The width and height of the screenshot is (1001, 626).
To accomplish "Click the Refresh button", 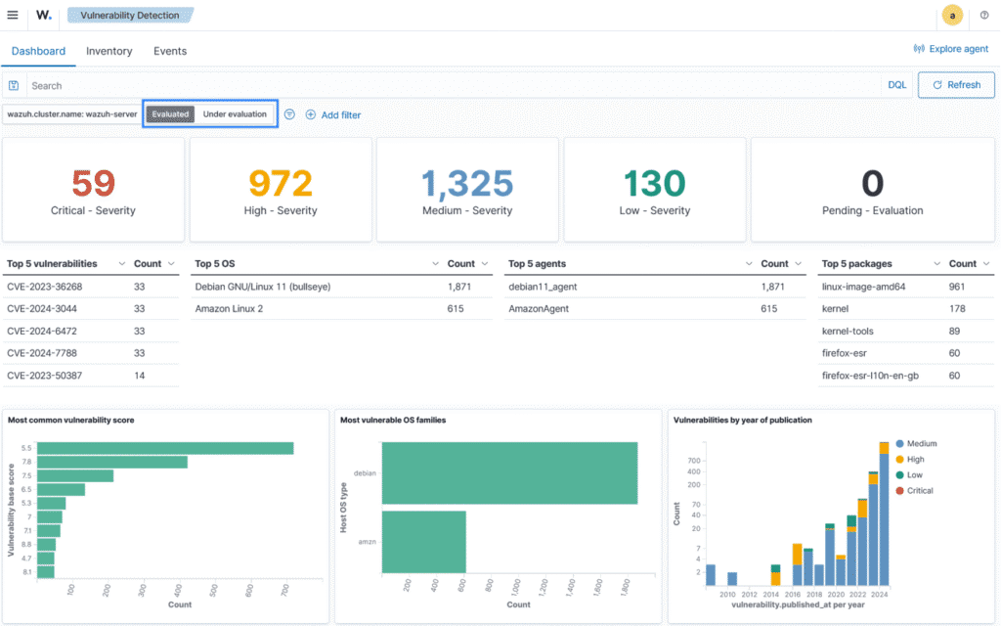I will pyautogui.click(x=956, y=85).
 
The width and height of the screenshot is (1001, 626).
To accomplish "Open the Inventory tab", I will pyautogui.click(x=109, y=51).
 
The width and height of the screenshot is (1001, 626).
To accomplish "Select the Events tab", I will pyautogui.click(x=170, y=51).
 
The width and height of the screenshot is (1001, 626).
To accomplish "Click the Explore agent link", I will pyautogui.click(x=950, y=49).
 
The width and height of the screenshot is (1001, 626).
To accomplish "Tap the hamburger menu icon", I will pyautogui.click(x=13, y=15).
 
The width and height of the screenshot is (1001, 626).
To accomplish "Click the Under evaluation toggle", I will pyautogui.click(x=235, y=114).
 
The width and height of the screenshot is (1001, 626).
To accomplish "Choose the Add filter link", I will pyautogui.click(x=333, y=114).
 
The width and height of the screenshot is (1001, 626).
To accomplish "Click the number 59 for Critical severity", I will pyautogui.click(x=93, y=183).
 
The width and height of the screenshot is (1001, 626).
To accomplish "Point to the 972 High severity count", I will pyautogui.click(x=280, y=183).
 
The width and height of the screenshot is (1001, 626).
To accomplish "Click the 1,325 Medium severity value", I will pyautogui.click(x=467, y=183).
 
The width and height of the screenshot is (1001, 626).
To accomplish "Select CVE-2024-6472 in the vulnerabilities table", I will pyautogui.click(x=44, y=331).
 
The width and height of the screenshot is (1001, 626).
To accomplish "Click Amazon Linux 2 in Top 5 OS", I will pyautogui.click(x=229, y=308).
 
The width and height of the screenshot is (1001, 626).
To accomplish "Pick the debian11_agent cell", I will pyautogui.click(x=544, y=287).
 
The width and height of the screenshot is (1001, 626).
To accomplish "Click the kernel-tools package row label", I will pyautogui.click(x=849, y=331).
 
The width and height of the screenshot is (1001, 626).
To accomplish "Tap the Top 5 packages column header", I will pyautogui.click(x=857, y=263).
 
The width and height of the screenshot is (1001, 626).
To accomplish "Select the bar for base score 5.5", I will pyautogui.click(x=166, y=448).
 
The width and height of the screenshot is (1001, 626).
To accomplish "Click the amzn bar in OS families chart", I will pyautogui.click(x=423, y=541).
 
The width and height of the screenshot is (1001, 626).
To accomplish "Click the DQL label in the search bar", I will pyautogui.click(x=896, y=85).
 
